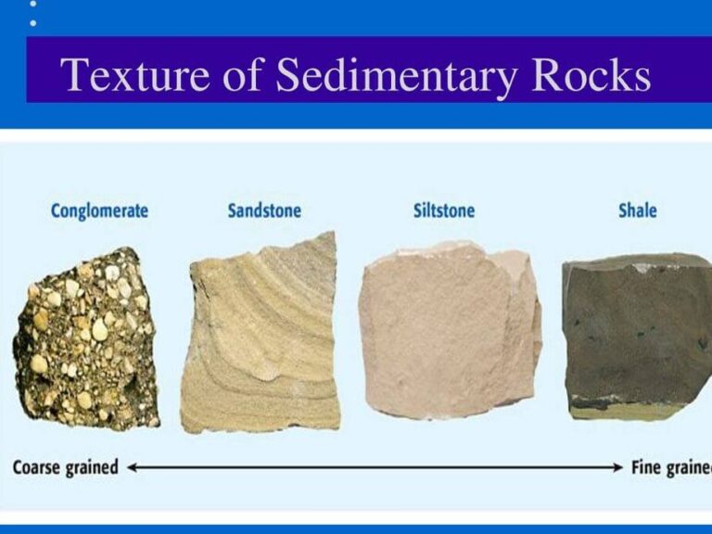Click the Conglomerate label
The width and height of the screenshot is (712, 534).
[99, 210]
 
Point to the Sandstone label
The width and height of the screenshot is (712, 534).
[264, 210]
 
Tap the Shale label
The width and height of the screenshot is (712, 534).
[637, 210]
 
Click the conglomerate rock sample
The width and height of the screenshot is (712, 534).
[85, 338]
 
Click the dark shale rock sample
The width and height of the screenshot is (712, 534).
[637, 337]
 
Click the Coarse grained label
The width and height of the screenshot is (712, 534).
[66, 467]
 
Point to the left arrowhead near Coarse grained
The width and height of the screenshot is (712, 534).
[133, 467]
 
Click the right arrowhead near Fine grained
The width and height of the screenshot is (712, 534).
[618, 467]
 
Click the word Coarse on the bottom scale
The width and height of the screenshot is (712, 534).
[39, 467]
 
